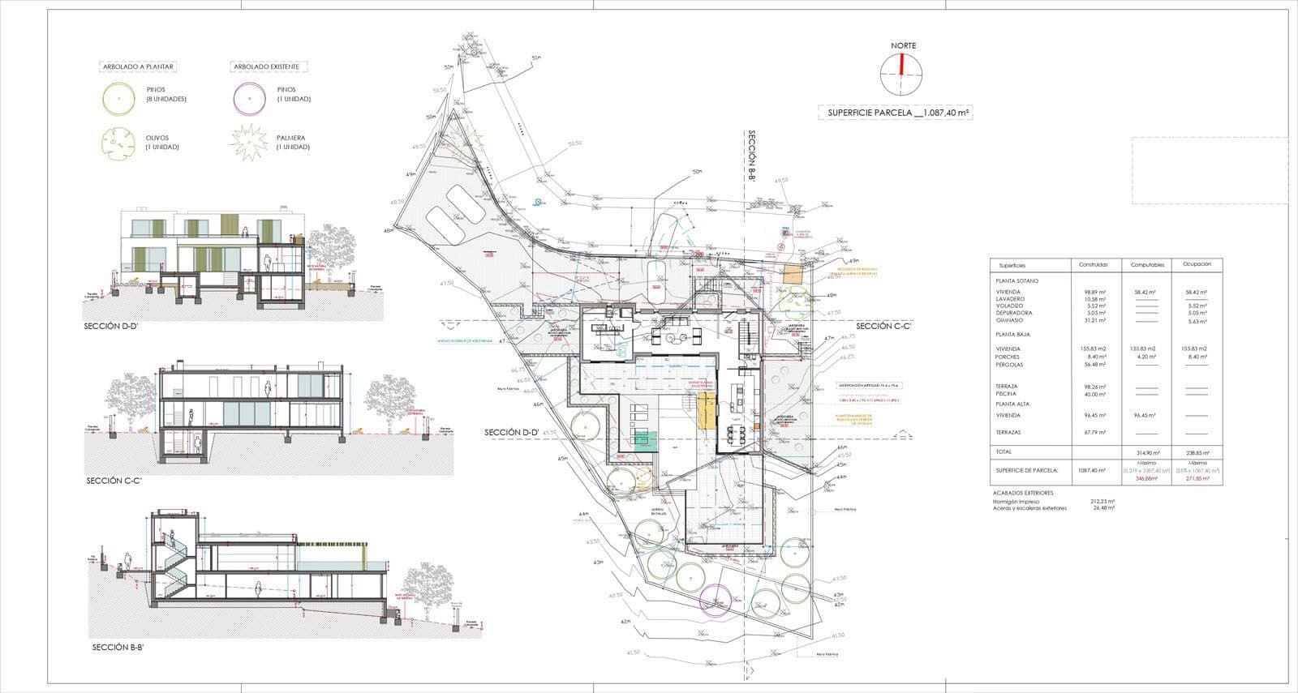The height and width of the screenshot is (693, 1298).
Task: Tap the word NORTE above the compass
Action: (x=903, y=45)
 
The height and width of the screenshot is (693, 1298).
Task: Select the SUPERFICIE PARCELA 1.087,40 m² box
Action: (x=895, y=113)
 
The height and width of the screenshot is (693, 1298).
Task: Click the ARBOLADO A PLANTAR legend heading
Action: (x=137, y=66)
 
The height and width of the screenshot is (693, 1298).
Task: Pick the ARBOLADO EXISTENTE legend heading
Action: (x=265, y=66)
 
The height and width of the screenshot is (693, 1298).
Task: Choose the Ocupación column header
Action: (x=1197, y=264)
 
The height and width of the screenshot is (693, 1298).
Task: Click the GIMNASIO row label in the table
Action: (x=1011, y=320)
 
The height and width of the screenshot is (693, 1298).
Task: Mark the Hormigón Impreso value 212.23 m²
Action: (x=1102, y=502)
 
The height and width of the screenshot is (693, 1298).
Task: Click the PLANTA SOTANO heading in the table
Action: (x=1016, y=280)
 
